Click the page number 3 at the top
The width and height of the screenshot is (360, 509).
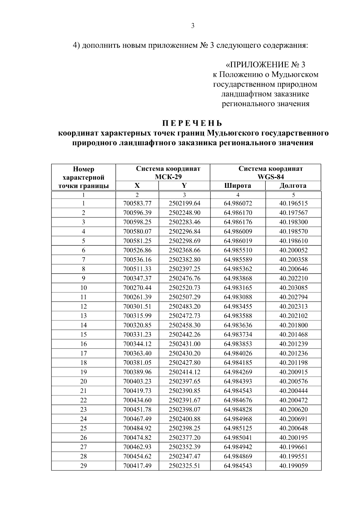193,26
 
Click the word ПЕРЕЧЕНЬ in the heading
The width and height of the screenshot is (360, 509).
193,123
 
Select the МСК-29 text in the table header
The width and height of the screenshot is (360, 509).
168,177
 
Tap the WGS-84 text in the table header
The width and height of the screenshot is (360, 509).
271,177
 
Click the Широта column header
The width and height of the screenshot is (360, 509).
238,186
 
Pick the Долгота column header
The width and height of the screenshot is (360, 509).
293,186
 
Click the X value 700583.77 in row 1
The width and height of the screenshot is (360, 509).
137,203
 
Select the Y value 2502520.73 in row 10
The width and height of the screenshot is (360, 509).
184,288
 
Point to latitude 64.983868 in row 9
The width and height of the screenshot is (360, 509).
238,278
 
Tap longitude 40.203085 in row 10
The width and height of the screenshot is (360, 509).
293,288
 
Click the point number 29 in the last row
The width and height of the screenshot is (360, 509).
83,466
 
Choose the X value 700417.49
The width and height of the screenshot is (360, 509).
137,466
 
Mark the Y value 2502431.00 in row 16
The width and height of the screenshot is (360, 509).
184,344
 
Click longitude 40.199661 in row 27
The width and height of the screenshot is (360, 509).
293,447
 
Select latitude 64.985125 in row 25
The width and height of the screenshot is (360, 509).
238,428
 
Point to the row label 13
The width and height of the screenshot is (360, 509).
83,316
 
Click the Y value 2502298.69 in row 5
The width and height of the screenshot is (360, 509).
184,241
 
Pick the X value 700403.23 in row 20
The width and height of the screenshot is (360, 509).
137,382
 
